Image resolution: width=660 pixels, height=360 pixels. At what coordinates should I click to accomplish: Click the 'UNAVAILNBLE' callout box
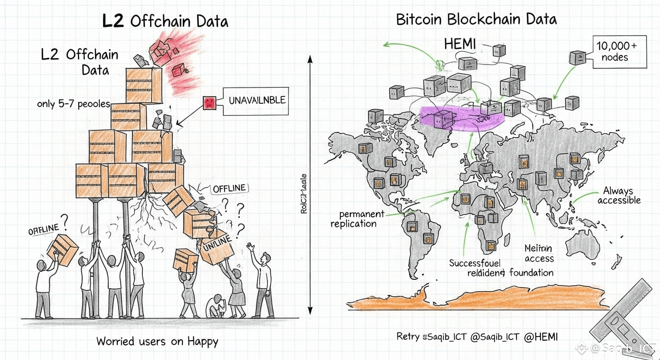(x=256, y=101)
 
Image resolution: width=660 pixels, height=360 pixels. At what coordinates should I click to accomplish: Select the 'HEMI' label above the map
(x=459, y=45)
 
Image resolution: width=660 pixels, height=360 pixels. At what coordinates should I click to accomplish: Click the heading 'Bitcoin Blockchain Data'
(x=476, y=19)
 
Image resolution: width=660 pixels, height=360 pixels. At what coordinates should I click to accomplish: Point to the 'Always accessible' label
(x=619, y=195)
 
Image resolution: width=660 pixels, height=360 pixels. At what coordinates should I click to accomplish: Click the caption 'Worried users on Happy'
(x=157, y=341)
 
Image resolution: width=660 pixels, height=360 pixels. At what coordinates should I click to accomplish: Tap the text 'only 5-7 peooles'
(x=74, y=104)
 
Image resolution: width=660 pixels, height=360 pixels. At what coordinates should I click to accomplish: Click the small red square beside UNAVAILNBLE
(x=209, y=103)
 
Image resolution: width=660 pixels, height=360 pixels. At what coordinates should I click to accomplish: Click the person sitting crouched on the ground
(x=217, y=306)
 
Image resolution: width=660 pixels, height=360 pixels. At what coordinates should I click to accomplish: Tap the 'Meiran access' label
(x=539, y=253)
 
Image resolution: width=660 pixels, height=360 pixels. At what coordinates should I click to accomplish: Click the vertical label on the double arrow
(x=303, y=194)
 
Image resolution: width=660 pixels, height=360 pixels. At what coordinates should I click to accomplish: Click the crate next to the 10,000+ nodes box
(x=577, y=58)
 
